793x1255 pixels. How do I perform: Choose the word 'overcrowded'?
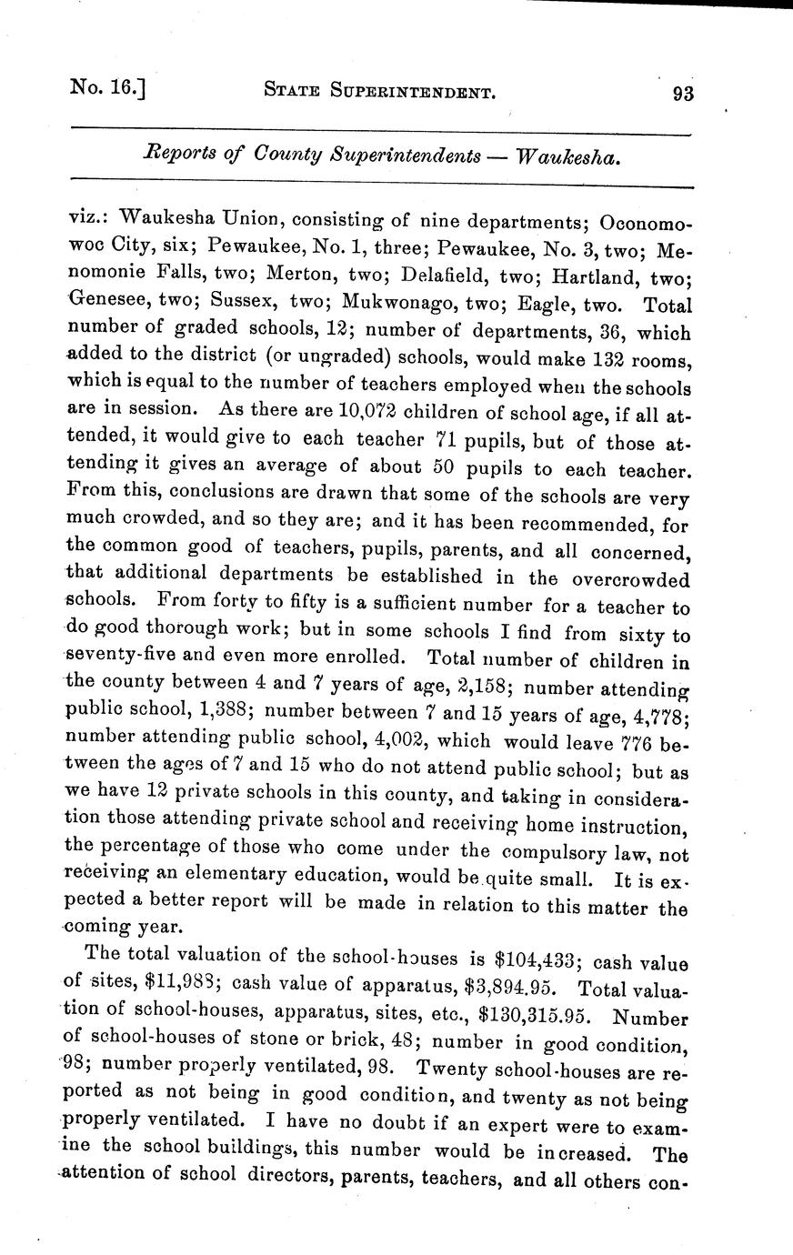pos(630,579)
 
